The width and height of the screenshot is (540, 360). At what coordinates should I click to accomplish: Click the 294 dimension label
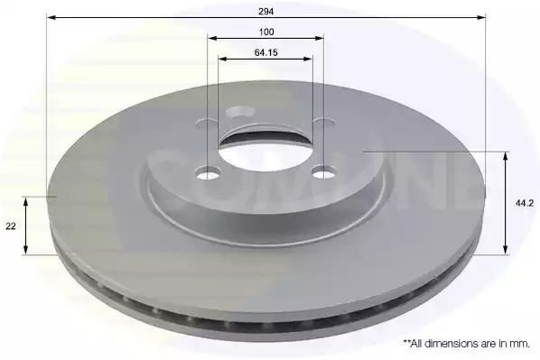tap(265, 12)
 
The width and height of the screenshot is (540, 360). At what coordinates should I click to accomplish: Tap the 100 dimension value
tap(266, 32)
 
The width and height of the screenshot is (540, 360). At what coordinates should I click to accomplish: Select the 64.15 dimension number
tap(265, 52)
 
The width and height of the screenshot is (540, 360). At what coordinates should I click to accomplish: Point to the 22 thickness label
tap(11, 226)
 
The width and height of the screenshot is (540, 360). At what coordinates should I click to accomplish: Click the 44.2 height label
tap(525, 203)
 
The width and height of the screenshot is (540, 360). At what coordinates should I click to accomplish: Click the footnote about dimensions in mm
tap(466, 343)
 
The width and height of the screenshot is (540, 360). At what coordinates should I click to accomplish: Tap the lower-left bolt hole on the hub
tap(208, 172)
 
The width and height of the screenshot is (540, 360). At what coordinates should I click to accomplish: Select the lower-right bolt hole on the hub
tap(323, 172)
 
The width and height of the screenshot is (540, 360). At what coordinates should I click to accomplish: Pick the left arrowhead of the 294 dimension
tap(51, 17)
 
